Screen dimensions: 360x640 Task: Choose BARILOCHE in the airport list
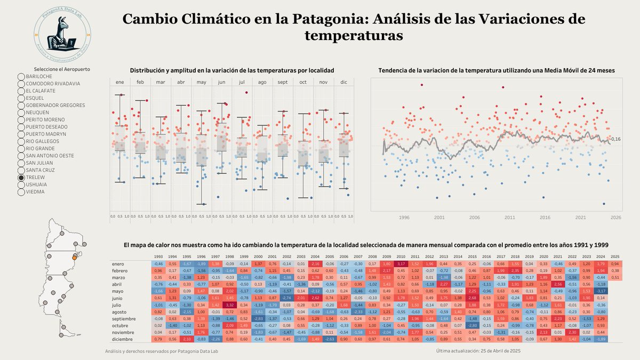pyautogui.click(x=38, y=77)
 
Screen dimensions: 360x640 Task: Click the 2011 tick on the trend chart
pyautogui.click(x=509, y=218)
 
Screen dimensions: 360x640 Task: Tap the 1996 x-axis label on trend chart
pyautogui.click(x=404, y=218)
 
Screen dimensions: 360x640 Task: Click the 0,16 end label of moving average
pyautogui.click(x=615, y=139)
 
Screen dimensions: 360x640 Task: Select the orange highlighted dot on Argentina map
pyautogui.click(x=75, y=258)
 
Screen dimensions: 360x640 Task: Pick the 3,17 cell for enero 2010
pyautogui.click(x=401, y=264)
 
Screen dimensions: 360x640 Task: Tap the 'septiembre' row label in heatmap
pyautogui.click(x=125, y=318)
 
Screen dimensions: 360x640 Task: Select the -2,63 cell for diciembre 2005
pyautogui.click(x=330, y=339)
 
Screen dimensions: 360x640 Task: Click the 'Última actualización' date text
pyautogui.click(x=478, y=350)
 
